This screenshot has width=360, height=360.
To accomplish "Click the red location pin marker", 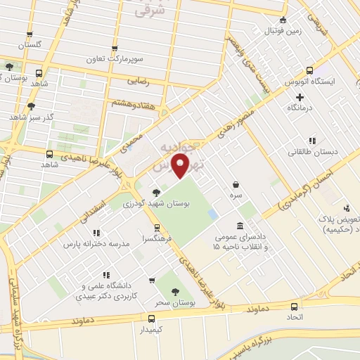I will pos(182,167).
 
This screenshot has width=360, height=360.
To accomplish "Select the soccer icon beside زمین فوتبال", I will pos(283,20).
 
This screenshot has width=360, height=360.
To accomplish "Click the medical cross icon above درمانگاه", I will pos(300,97).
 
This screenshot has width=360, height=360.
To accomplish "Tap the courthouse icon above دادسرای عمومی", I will pos(241,226).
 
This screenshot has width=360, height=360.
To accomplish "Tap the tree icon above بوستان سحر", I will pos(174,291).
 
